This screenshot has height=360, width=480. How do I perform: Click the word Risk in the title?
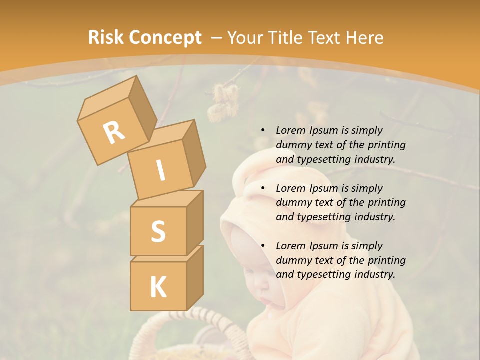(x=106, y=38)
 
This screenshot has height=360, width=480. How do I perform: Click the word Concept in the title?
(x=165, y=38)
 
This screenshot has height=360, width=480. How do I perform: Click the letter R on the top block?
(x=114, y=133)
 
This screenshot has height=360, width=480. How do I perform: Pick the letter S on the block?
(x=158, y=231)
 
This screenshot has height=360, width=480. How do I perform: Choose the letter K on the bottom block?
(x=158, y=287)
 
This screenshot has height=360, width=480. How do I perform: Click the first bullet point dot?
(x=263, y=130)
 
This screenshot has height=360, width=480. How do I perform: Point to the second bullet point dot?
(x=263, y=188)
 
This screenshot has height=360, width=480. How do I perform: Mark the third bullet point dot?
(x=263, y=246)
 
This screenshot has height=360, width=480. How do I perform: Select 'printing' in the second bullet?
(x=387, y=202)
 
